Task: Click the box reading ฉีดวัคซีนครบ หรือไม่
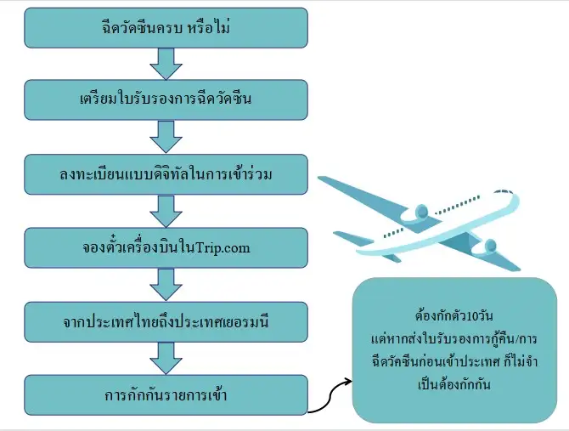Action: tap(166, 28)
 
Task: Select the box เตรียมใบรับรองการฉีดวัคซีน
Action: tap(166, 100)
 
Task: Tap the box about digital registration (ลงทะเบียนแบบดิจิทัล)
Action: tap(166, 174)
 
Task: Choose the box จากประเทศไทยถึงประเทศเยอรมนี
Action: tap(166, 321)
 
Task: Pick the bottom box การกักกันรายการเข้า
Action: tap(166, 395)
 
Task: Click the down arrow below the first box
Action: tap(166, 64)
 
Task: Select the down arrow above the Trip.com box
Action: tap(166, 210)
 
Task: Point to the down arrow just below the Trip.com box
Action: tap(166, 284)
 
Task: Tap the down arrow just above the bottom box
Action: tap(166, 358)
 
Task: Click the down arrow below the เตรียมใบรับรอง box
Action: tap(166, 137)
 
